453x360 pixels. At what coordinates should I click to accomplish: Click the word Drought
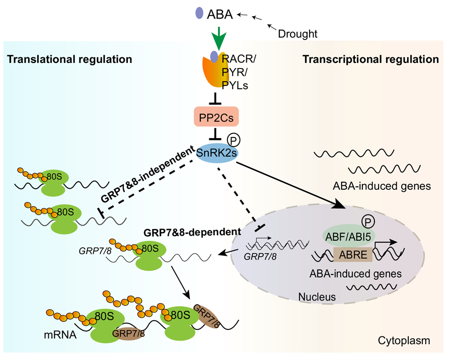point(298,34)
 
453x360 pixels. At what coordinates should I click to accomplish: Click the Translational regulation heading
point(69,59)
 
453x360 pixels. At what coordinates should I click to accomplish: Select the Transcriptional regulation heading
point(370,59)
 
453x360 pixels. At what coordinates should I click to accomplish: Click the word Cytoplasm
point(404,341)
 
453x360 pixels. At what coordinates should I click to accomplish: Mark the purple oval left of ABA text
point(199,13)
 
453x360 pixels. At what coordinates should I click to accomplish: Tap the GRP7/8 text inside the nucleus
point(260,256)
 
